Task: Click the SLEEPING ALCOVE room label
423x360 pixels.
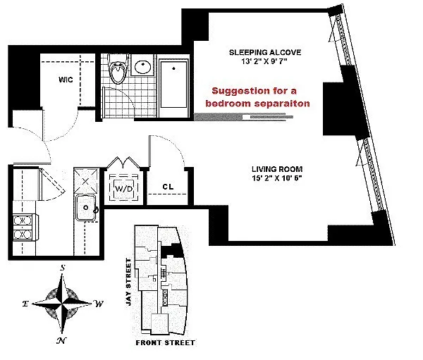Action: coord(265,52)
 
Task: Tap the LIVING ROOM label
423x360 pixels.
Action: coord(277,169)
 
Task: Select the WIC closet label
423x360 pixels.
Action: coord(66,80)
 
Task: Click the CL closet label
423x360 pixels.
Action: coord(168,187)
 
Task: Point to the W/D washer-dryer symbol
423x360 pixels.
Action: coord(124,189)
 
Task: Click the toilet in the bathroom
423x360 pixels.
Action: coord(118,69)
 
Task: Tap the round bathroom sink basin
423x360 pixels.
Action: coord(142,67)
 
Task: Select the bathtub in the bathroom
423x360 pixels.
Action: coord(173,87)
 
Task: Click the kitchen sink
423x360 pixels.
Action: coord(86,208)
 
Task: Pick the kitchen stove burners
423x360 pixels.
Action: coord(23,228)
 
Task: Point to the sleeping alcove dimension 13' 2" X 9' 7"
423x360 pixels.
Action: coord(264,61)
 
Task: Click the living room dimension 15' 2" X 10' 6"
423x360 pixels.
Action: coord(276,178)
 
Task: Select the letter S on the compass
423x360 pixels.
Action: coord(63,268)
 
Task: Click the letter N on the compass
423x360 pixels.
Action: coord(61,341)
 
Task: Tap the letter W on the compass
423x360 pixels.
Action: coord(99,304)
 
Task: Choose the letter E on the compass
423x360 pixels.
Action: coord(25,304)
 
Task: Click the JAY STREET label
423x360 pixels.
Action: coord(129,282)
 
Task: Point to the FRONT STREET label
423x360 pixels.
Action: coord(166,343)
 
